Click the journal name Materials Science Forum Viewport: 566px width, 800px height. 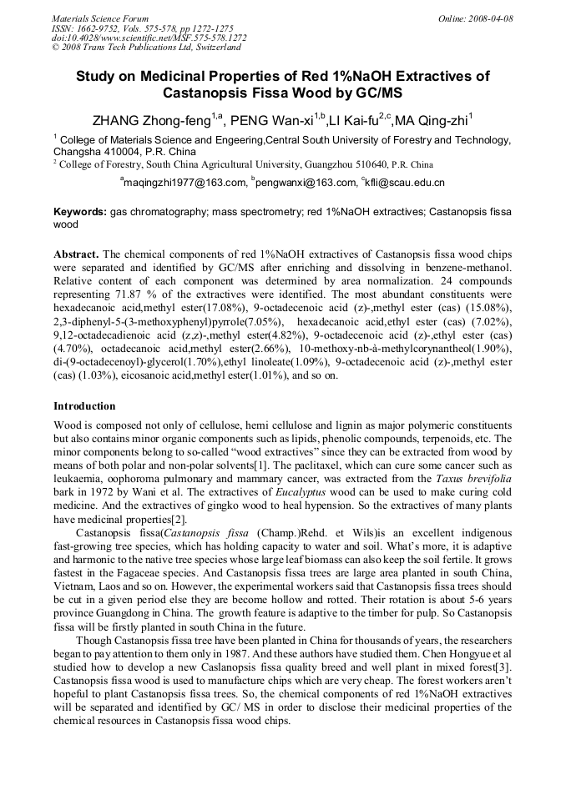click(x=100, y=18)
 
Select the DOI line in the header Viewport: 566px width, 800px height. click(x=149, y=38)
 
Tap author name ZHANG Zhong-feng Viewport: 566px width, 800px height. click(x=151, y=121)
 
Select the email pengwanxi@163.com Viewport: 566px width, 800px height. click(x=307, y=182)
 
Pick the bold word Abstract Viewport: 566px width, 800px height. click(x=76, y=253)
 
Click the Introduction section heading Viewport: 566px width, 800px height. click(x=84, y=406)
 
